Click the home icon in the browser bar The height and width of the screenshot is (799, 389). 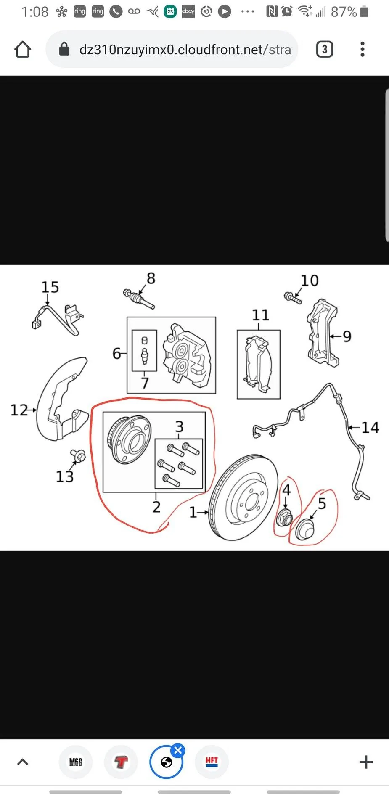(x=23, y=49)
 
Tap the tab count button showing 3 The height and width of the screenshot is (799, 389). (x=324, y=50)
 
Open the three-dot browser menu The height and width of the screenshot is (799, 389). (x=363, y=49)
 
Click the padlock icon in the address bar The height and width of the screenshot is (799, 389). (x=64, y=49)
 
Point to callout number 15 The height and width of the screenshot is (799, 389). (x=50, y=287)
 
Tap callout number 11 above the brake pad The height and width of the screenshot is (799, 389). (x=260, y=315)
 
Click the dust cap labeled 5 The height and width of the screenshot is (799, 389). (x=304, y=529)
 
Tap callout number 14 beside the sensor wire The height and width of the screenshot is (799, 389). (x=370, y=428)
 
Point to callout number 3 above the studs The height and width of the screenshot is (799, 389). (x=179, y=426)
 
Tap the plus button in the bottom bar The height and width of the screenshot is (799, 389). (x=366, y=762)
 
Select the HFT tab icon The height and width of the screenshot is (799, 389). (x=212, y=762)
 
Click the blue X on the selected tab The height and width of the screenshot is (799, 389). (x=178, y=750)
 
